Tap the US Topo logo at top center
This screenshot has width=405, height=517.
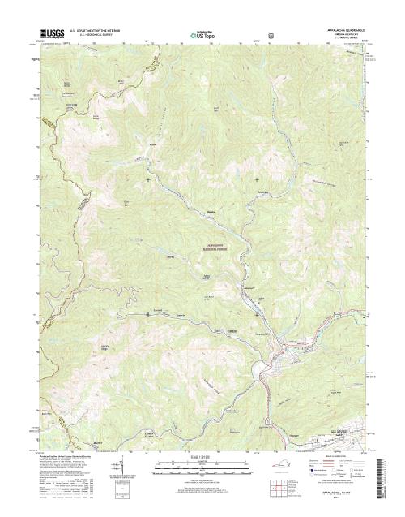[202, 35]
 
